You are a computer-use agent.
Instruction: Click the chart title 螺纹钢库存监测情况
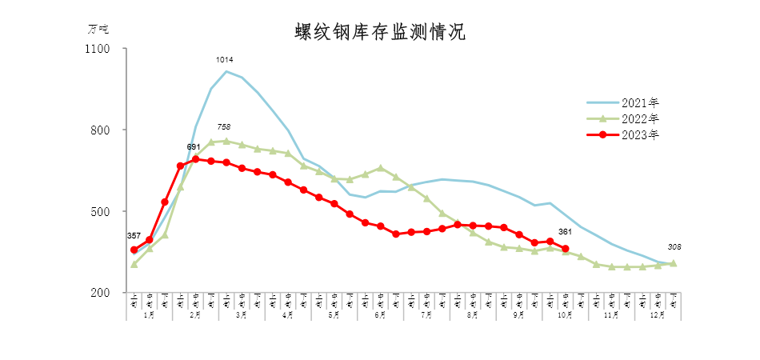click(x=379, y=33)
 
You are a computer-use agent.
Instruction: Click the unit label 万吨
click(x=97, y=29)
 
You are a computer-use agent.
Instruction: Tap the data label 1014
click(x=226, y=60)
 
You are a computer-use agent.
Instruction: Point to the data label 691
click(x=194, y=146)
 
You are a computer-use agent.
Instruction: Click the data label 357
click(x=134, y=236)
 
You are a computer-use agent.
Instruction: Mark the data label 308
click(x=673, y=247)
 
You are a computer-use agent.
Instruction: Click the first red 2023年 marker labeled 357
click(x=134, y=250)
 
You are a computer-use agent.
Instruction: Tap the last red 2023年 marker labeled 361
click(x=566, y=249)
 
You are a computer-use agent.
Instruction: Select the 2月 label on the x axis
click(x=195, y=315)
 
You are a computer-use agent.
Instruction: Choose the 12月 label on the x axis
click(x=658, y=315)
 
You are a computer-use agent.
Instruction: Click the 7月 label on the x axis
click(x=426, y=315)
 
